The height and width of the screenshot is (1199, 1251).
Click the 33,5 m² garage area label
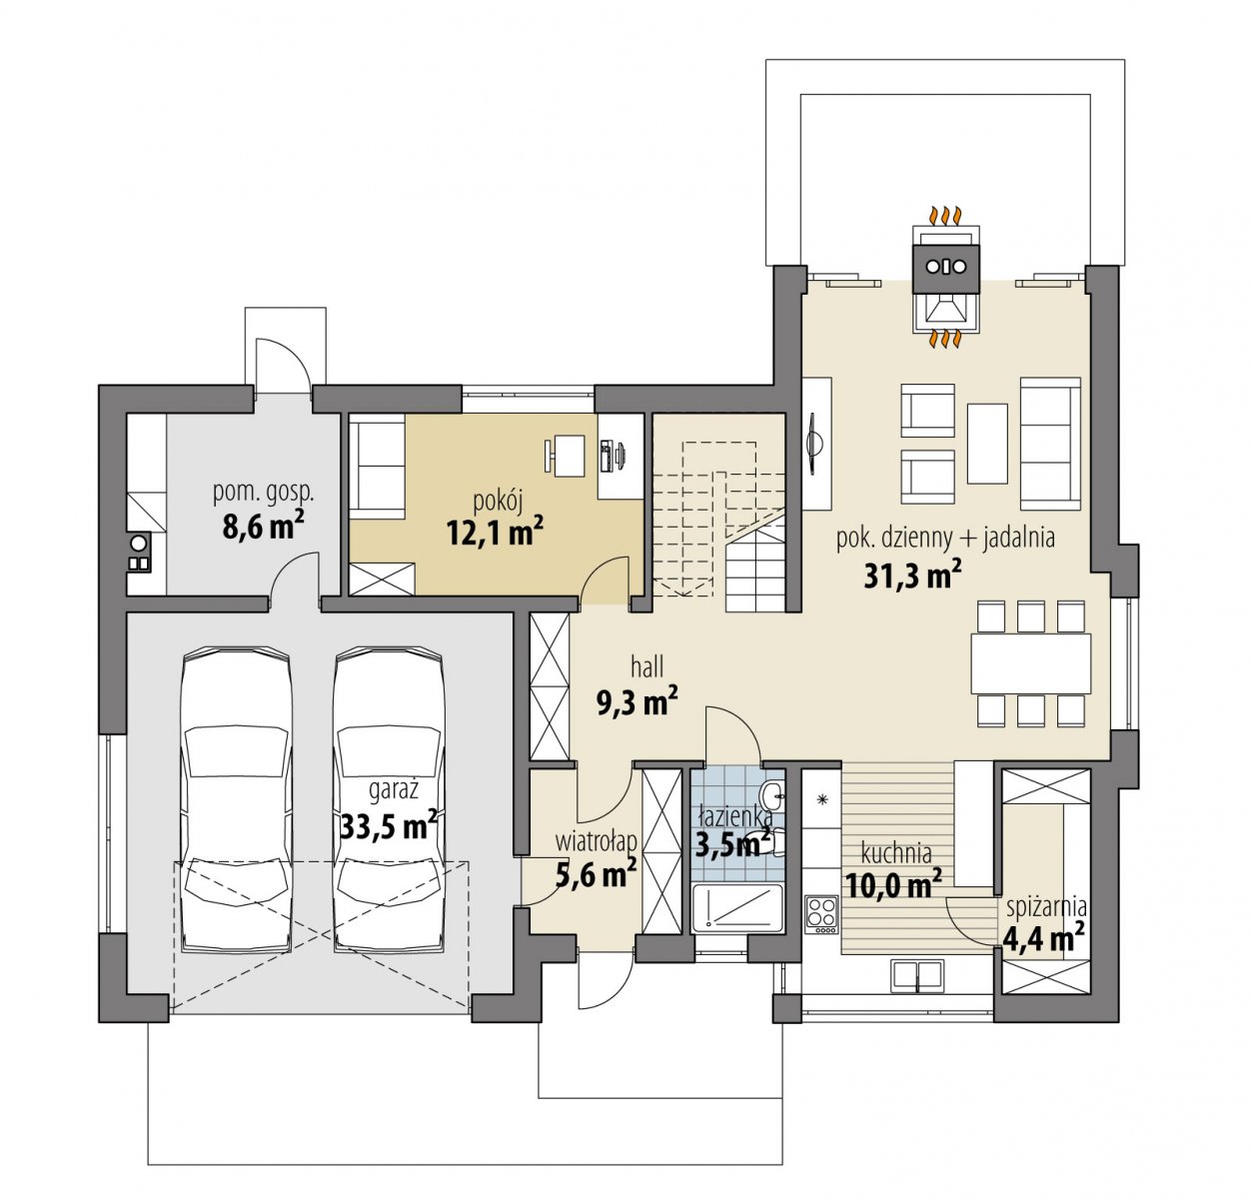click(x=389, y=825)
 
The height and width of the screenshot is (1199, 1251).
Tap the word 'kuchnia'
click(x=896, y=853)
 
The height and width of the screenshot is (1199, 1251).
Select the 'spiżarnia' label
click(x=1046, y=908)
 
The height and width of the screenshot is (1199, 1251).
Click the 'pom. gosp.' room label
click(x=264, y=494)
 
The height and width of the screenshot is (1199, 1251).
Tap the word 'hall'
click(x=646, y=667)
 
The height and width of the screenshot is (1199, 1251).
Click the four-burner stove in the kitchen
click(x=821, y=914)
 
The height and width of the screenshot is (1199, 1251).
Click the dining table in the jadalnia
click(x=1030, y=662)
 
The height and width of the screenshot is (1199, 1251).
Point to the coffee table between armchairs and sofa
click(x=987, y=443)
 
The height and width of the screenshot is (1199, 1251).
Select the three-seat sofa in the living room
click(x=1050, y=443)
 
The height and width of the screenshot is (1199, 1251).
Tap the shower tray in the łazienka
click(x=737, y=909)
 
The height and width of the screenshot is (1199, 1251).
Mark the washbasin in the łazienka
click(x=771, y=796)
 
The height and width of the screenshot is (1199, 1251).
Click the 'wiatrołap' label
click(x=596, y=841)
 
